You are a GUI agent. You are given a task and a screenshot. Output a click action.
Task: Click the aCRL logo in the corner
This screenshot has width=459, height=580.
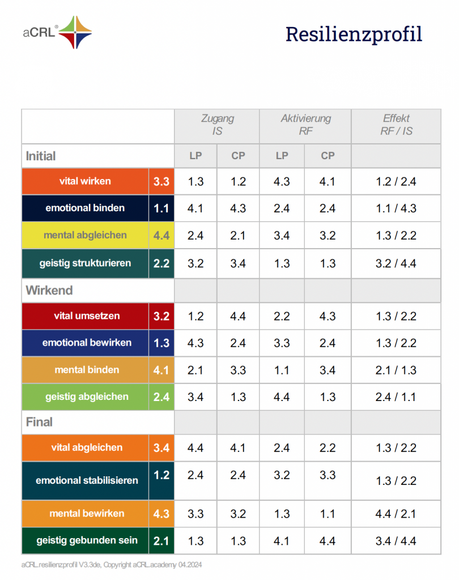(57, 32)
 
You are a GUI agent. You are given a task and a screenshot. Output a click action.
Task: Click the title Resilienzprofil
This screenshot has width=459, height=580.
(354, 34)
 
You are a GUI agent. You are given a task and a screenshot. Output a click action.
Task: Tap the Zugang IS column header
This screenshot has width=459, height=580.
(217, 125)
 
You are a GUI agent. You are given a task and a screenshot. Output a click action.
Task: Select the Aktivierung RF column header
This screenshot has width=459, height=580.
(305, 125)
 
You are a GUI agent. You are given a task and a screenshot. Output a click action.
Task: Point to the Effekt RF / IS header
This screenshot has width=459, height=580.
(396, 125)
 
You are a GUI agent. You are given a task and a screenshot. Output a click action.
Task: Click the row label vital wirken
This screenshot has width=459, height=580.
(85, 181)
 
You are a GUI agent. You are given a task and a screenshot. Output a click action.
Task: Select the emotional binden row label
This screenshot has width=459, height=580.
(85, 208)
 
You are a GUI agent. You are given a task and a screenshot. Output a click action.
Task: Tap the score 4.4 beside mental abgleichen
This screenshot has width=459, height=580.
(161, 236)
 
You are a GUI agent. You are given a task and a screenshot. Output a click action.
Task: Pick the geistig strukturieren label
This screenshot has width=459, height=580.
(85, 263)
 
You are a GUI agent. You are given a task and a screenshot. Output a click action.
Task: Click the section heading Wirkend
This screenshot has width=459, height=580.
(49, 291)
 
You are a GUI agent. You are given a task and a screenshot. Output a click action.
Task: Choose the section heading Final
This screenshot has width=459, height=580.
(39, 422)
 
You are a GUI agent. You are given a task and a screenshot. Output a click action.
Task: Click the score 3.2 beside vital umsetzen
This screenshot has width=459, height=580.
(161, 316)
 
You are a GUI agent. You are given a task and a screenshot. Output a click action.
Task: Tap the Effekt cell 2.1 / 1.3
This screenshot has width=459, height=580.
(396, 370)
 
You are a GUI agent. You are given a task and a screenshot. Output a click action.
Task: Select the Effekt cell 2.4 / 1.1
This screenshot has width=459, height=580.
(396, 397)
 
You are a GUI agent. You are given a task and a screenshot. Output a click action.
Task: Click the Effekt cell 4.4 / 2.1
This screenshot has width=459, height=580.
(396, 514)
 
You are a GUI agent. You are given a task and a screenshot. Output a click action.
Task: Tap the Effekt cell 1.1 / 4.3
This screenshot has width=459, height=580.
(396, 208)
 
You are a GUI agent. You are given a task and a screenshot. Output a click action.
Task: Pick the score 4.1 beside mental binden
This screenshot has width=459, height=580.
(161, 370)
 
